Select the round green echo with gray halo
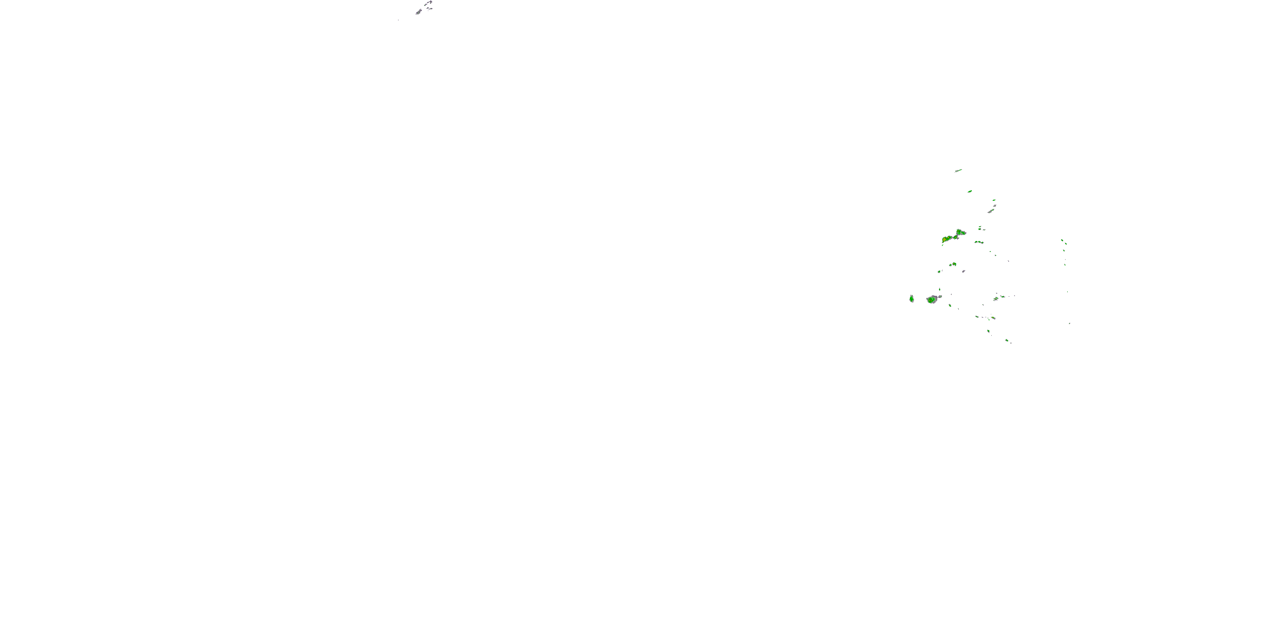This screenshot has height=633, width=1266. pos(931,299)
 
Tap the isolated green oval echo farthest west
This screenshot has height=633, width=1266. pos(912,298)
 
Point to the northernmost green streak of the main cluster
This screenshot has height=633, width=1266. pos(958,170)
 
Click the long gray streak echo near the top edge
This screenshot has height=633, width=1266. pos(419,11)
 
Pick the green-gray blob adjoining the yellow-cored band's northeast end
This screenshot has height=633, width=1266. pos(960,232)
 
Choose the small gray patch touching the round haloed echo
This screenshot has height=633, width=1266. pos(939,297)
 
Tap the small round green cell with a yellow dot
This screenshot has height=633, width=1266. pos(954,264)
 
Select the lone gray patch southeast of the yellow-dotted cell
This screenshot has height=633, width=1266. pos(963,271)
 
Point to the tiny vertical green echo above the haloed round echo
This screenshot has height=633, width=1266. pos(940,289)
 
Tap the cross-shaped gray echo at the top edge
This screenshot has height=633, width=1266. pos(429,3)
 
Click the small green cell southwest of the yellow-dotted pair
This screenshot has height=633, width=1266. pos(939,271)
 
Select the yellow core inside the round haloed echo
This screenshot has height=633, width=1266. pos(931,299)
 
